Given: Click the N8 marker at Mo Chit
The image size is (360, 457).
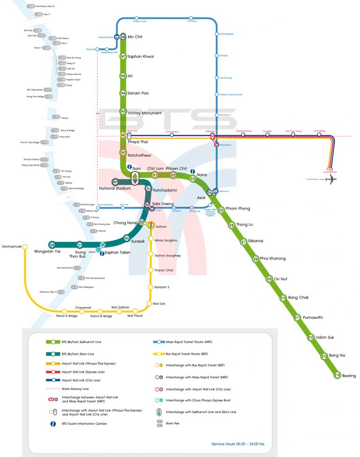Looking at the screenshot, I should coord(123,37).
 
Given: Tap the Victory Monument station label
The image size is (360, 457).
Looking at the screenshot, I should coord(144,113).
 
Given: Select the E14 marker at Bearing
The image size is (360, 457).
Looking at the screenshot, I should coord(337,375).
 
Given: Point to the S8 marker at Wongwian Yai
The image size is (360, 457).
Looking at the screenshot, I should coord(52,245).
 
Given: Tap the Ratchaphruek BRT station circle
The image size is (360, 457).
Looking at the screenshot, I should coord(25,247).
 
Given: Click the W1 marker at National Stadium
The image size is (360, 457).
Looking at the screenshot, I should coord(115,182).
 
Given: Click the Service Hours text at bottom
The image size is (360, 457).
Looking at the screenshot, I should coord(238,443).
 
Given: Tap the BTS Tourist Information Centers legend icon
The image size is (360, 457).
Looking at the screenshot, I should coord(53,424).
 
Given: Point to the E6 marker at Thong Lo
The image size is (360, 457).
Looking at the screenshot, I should coord(232,225).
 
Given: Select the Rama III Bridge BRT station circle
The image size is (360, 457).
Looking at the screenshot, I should coord(65,311).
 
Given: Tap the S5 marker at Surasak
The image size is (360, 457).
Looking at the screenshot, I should coord(127,238).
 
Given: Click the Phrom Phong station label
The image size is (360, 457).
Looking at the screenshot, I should coord(238,209).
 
